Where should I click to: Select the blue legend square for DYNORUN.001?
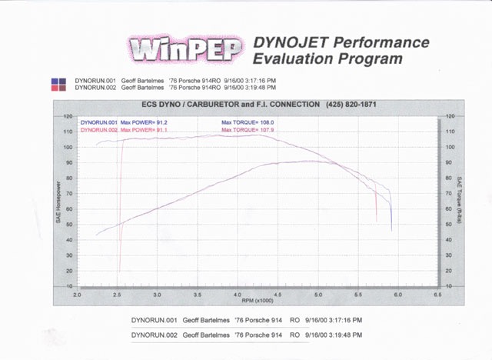pyautogui.click(x=55, y=81)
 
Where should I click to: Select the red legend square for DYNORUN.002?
pyautogui.click(x=55, y=88)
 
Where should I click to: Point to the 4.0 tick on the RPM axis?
pyautogui.click(x=238, y=293)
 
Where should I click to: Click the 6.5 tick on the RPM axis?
pyautogui.click(x=438, y=293)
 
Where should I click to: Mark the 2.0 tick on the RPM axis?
pyautogui.click(x=78, y=293)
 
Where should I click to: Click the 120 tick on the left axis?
pyautogui.click(x=68, y=116)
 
